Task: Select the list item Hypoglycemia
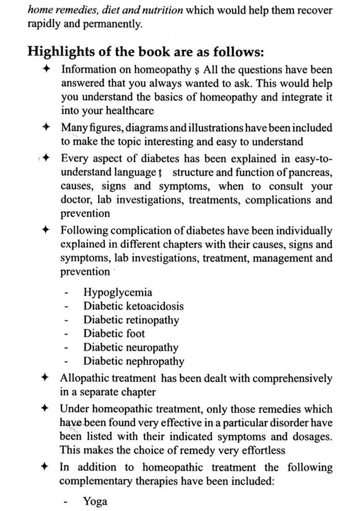[x=117, y=292]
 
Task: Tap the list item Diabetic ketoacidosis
[x=133, y=306]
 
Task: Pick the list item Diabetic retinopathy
[x=131, y=320]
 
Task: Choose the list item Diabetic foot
[x=114, y=333]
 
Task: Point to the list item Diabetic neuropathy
[x=130, y=347]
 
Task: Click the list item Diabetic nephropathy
[x=133, y=361]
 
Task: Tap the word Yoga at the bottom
[x=95, y=501]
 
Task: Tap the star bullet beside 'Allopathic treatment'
[x=45, y=378]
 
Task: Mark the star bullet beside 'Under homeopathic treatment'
[x=45, y=408]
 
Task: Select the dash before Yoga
[x=67, y=502]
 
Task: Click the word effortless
[x=258, y=450]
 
